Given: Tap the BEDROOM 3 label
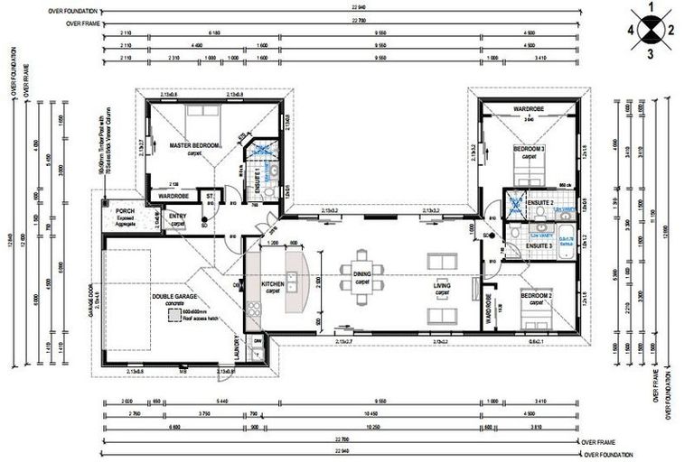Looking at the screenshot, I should (x=530, y=148).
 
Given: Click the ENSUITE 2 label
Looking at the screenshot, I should (x=539, y=205).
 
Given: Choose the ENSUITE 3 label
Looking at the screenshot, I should (x=539, y=245).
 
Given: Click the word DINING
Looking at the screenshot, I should (x=361, y=275).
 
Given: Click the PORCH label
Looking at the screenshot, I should (x=126, y=211).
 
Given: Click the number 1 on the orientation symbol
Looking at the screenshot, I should (x=650, y=9).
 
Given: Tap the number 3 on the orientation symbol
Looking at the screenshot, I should (x=650, y=53).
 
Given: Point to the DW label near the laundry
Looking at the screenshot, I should (x=257, y=340).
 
